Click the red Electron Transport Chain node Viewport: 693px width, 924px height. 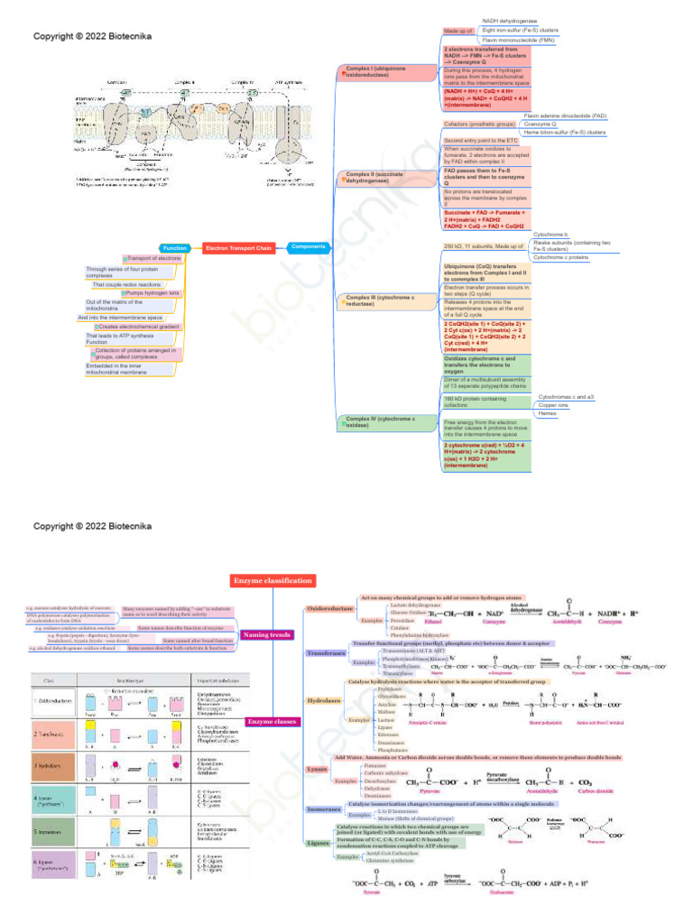coord(238,247)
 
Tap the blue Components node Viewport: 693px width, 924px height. coord(309,245)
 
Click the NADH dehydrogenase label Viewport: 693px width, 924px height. coord(509,20)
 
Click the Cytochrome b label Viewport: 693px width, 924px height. coord(551,234)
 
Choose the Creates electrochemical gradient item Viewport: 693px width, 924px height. coord(140,327)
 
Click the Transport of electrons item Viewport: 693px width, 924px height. coord(152,258)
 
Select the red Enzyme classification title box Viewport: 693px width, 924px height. coord(273,580)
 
